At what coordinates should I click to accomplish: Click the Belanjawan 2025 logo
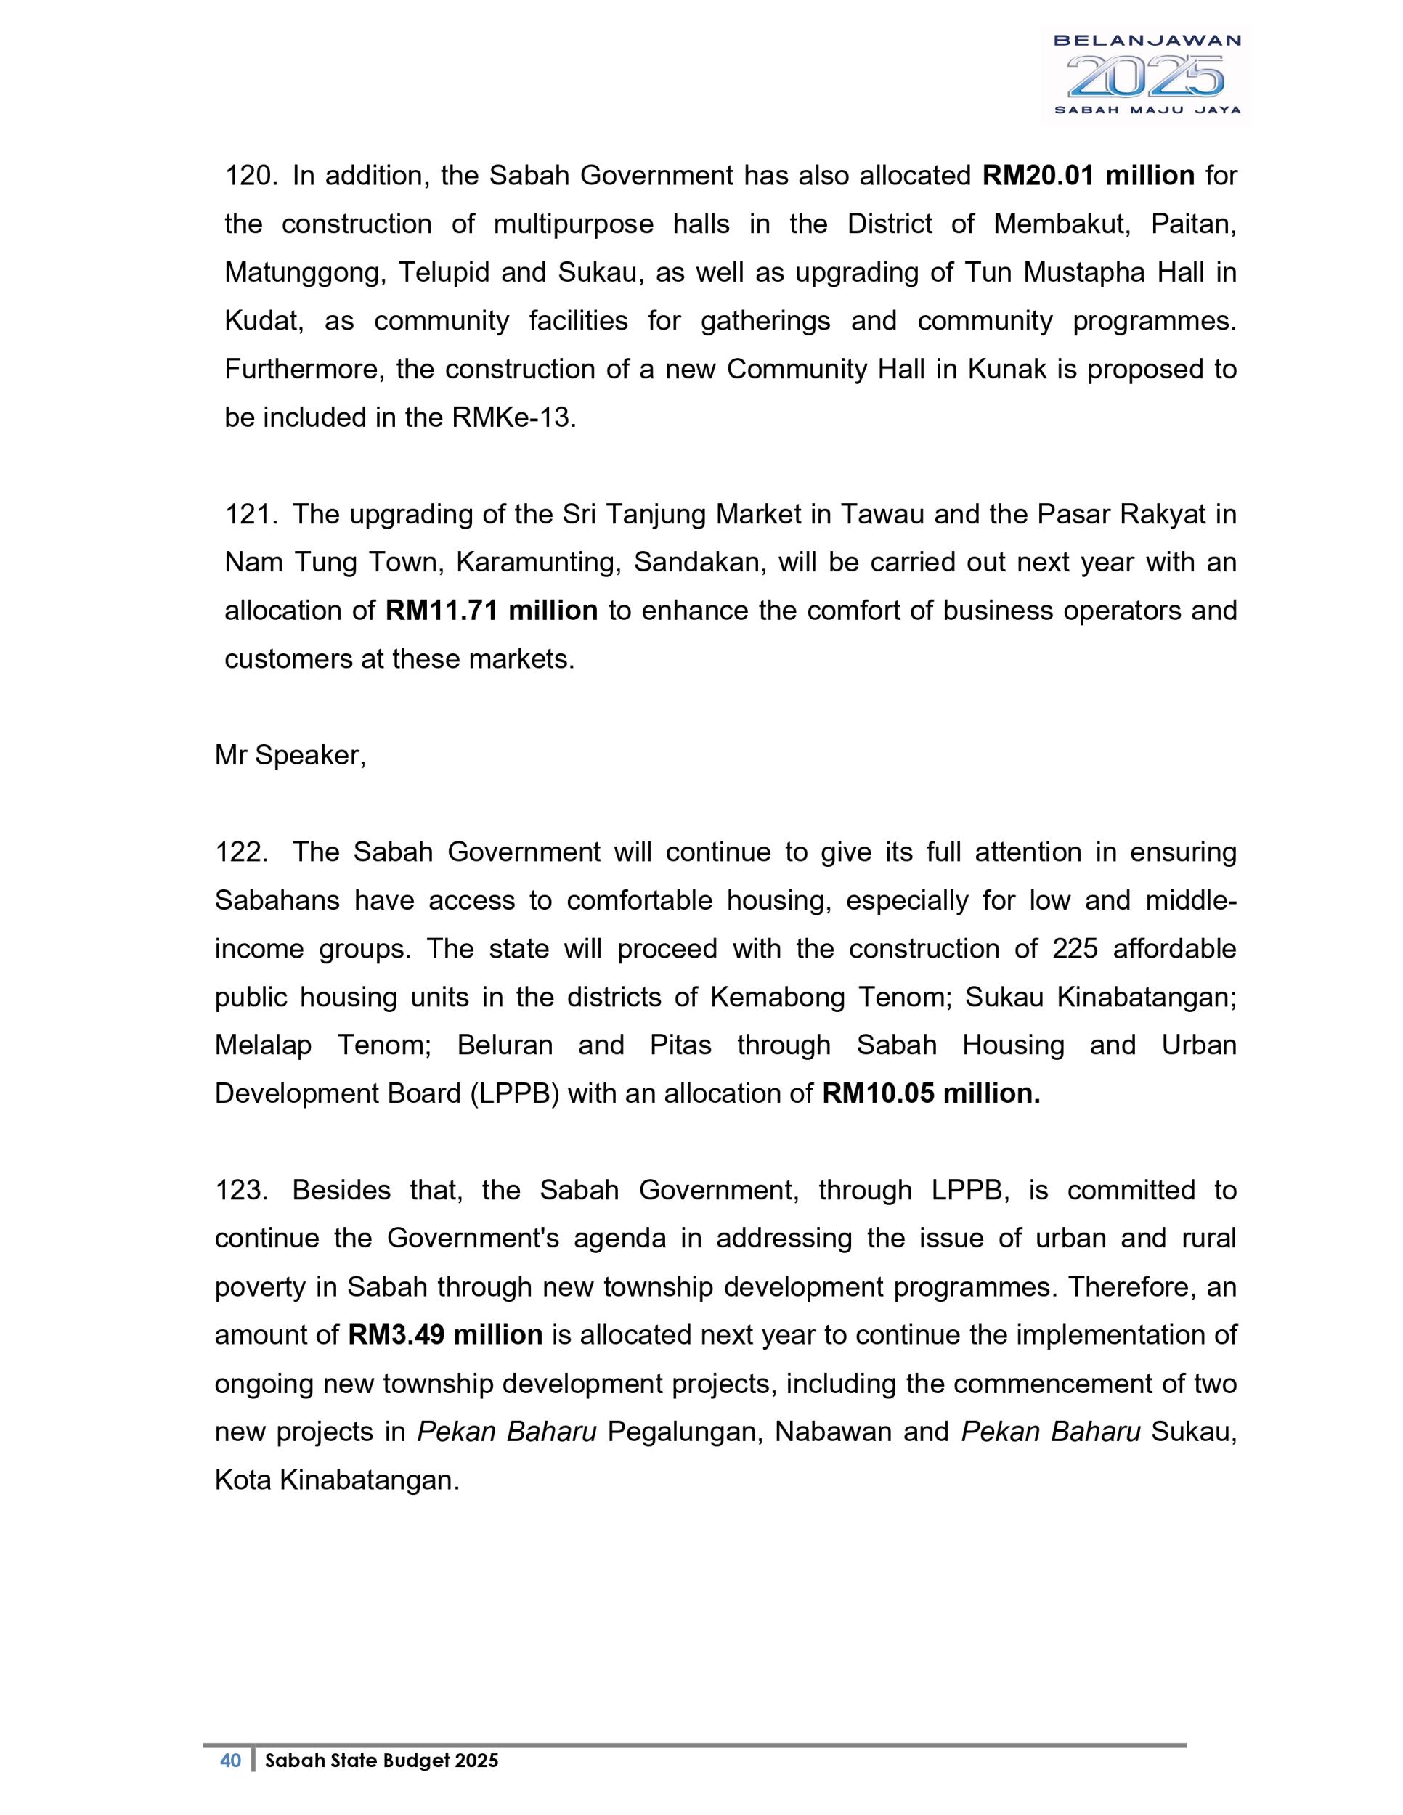click(x=1146, y=76)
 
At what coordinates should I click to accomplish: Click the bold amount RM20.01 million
click(x=1088, y=176)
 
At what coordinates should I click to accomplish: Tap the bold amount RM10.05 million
click(x=931, y=1093)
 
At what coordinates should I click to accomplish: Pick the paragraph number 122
click(x=241, y=852)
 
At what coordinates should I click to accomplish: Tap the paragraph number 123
click(x=241, y=1191)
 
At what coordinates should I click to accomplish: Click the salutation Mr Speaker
click(x=290, y=756)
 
